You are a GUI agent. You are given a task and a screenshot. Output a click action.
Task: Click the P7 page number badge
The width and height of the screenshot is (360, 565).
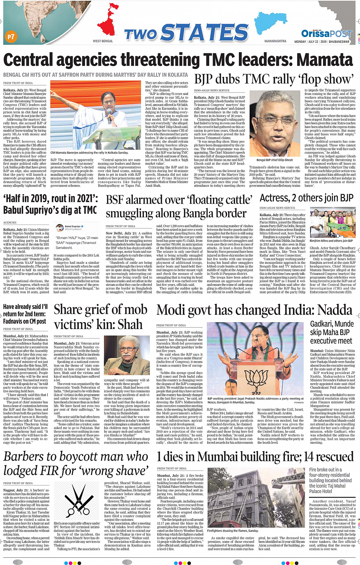(11, 37)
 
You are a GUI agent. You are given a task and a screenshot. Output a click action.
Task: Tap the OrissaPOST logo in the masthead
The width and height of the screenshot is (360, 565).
(326, 34)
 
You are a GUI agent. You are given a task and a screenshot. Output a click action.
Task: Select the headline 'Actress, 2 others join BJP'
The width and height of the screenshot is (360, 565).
(307, 198)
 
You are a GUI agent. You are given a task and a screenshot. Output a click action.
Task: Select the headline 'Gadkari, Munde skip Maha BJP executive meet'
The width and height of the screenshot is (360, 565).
(332, 332)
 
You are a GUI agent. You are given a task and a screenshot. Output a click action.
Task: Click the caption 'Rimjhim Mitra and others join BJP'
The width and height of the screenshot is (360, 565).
(331, 241)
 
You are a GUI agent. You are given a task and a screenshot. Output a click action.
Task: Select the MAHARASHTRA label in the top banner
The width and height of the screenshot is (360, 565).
(275, 41)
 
